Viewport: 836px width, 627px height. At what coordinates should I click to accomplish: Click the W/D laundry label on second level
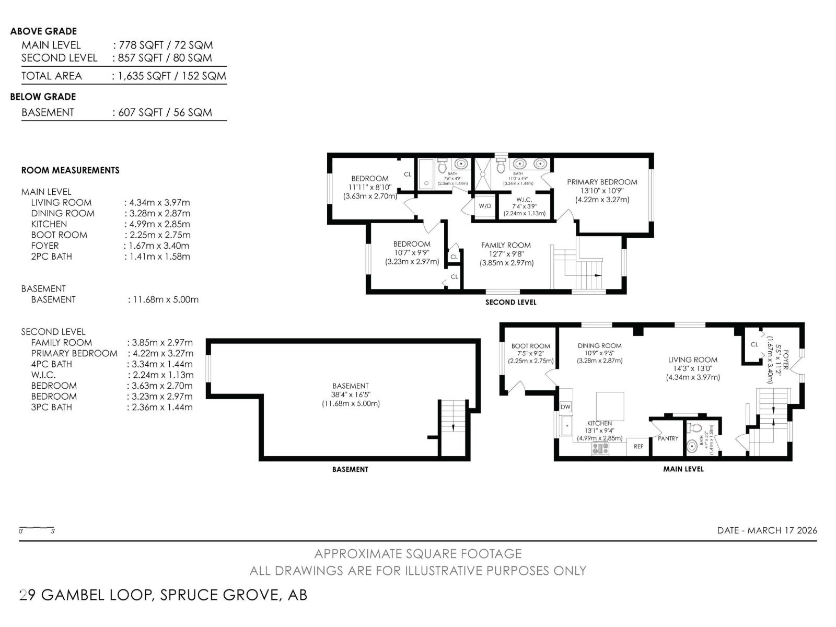click(485, 206)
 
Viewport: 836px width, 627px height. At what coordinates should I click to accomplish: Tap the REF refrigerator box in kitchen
click(638, 446)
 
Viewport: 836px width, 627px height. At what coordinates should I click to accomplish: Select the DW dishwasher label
click(565, 407)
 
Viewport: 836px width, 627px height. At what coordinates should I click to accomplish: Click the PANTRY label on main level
click(668, 438)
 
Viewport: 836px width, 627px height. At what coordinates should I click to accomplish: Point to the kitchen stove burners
click(600, 448)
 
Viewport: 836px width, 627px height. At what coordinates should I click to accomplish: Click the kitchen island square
click(610, 406)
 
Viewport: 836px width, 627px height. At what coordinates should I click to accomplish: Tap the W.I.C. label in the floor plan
click(524, 200)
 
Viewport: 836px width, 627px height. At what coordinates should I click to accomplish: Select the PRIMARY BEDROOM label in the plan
click(602, 182)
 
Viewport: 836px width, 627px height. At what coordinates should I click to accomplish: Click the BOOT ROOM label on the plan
click(530, 346)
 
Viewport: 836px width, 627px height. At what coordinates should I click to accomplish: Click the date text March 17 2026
click(767, 530)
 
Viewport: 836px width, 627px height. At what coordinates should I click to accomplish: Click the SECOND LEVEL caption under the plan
click(510, 302)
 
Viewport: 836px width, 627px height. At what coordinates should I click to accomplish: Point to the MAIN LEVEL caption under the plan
click(683, 469)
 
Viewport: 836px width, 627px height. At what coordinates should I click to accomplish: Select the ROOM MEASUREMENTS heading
click(70, 170)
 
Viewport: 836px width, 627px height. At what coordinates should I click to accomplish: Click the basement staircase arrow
click(452, 427)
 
